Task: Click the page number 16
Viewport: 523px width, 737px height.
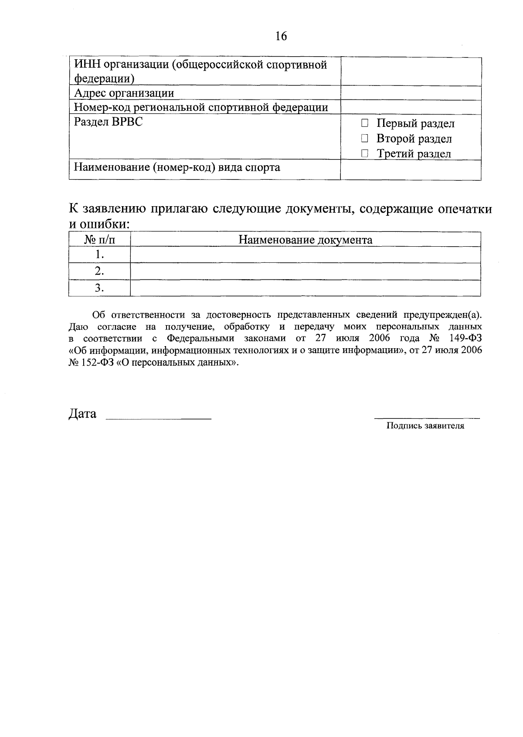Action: pos(281,36)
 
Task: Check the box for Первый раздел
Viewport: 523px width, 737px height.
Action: pos(365,123)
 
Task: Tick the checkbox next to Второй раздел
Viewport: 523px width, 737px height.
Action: pos(365,139)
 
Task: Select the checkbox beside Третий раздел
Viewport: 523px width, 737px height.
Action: pos(365,153)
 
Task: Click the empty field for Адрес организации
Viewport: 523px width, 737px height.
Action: pos(411,93)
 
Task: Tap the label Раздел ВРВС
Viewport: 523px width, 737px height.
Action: pos(108,122)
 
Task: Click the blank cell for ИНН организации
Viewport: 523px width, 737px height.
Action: pos(411,71)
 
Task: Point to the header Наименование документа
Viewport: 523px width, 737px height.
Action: pos(305,240)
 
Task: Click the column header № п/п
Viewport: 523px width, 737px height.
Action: pos(99,240)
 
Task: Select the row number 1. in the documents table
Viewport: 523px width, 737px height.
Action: pos(99,255)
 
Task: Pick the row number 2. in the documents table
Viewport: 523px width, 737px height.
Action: pos(99,271)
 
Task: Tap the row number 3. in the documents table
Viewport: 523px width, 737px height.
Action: pos(99,288)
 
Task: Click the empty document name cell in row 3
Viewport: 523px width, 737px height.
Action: pos(305,288)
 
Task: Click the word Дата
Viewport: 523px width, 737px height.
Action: pos(82,414)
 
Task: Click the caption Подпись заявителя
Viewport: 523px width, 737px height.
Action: pos(425,426)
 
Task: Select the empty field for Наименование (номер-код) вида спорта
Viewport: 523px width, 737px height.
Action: pos(411,170)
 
